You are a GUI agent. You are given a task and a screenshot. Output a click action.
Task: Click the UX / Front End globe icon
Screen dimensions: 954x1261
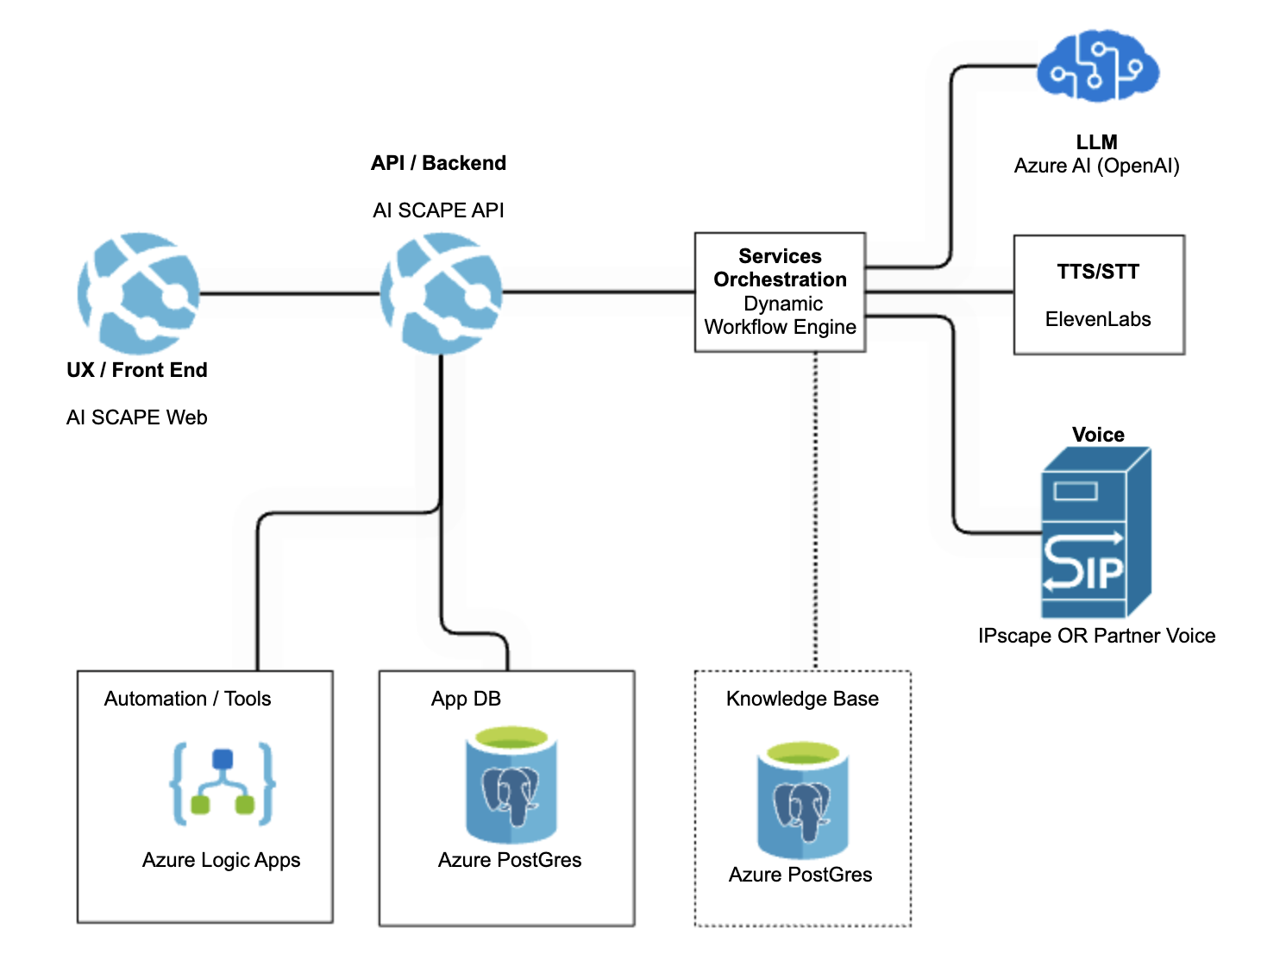click(x=138, y=292)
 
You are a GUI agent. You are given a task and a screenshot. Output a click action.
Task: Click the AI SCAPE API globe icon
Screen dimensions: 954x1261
click(x=441, y=293)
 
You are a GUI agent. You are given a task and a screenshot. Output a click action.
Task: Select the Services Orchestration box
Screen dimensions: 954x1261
click(x=780, y=292)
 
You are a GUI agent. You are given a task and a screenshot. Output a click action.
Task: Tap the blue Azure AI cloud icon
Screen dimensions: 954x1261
click(x=1097, y=66)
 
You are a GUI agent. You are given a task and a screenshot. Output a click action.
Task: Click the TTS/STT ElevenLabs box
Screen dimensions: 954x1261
click(x=1098, y=294)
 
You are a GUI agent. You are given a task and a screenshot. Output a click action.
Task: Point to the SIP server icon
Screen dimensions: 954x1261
click(x=1095, y=532)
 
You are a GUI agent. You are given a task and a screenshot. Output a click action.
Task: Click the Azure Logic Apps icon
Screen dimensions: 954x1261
click(x=223, y=783)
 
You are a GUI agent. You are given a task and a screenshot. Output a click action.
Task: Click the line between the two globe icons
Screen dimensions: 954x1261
click(x=290, y=293)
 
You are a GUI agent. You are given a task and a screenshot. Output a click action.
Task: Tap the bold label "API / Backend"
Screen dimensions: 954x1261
click(x=438, y=163)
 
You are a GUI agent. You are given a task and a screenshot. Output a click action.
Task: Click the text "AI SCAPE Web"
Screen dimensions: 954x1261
click(x=137, y=417)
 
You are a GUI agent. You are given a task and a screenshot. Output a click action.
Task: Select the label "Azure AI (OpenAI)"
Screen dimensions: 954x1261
click(x=1096, y=166)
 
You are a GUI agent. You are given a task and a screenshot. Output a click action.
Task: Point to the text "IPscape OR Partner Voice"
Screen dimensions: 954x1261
click(x=1096, y=636)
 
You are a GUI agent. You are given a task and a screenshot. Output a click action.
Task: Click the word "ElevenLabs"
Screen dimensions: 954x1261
click(x=1098, y=319)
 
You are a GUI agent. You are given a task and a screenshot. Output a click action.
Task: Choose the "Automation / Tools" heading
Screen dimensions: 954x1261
click(x=187, y=699)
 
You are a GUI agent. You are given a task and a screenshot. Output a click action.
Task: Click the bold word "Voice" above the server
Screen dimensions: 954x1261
click(x=1098, y=434)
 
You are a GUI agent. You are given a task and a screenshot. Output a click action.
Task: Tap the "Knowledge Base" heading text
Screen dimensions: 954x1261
click(x=802, y=699)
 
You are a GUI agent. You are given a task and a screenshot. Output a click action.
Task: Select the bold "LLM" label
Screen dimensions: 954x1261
click(x=1096, y=141)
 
